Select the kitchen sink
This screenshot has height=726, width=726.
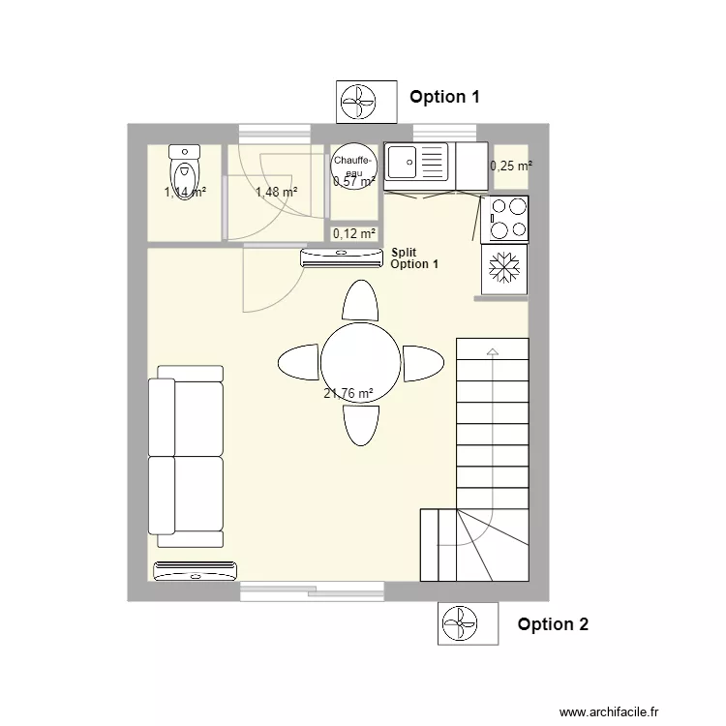point(417,166)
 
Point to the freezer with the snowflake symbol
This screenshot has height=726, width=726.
point(504,268)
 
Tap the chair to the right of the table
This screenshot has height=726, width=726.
point(423,363)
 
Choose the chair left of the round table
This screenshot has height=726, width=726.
point(298,363)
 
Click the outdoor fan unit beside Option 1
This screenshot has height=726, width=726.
point(366,101)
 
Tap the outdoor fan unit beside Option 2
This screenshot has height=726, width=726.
point(469,623)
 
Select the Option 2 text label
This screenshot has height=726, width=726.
point(553,624)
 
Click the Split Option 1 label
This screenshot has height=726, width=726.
point(414,258)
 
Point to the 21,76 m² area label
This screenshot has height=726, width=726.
point(348,394)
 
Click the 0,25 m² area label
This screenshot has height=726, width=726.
point(511,166)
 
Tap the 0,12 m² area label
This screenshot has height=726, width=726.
point(353,233)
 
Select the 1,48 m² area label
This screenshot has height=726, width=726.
point(276,192)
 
